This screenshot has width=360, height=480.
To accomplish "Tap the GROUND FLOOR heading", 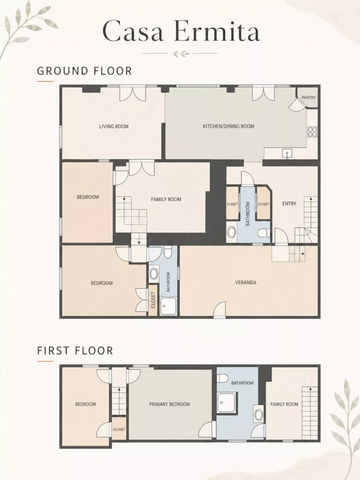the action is [x=84, y=71].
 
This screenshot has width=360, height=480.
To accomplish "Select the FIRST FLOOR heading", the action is [x=75, y=350].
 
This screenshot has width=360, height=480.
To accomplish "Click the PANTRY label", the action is [x=309, y=98].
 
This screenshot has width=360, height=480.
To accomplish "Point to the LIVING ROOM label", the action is [x=114, y=126].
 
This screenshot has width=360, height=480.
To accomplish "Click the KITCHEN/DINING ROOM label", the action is [x=228, y=126].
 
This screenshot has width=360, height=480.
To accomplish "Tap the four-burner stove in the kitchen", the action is [x=312, y=132].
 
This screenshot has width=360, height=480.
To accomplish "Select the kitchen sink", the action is [x=287, y=154].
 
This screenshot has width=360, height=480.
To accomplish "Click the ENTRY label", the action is [x=289, y=204].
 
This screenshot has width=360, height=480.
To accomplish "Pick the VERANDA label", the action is [x=246, y=282].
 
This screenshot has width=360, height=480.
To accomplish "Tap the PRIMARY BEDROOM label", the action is [x=169, y=404].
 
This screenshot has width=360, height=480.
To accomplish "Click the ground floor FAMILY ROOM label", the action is [x=166, y=199].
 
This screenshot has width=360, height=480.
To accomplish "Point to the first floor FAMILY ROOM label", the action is [x=284, y=404].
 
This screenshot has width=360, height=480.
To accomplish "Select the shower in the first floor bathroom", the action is [x=227, y=403].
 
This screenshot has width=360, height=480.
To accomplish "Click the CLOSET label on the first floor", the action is [x=119, y=430].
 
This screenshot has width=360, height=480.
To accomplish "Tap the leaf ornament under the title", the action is [x=180, y=54].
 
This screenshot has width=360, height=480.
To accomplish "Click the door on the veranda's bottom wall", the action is [x=220, y=310].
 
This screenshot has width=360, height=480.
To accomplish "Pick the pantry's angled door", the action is [x=297, y=105].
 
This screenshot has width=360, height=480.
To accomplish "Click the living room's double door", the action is [x=132, y=93].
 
